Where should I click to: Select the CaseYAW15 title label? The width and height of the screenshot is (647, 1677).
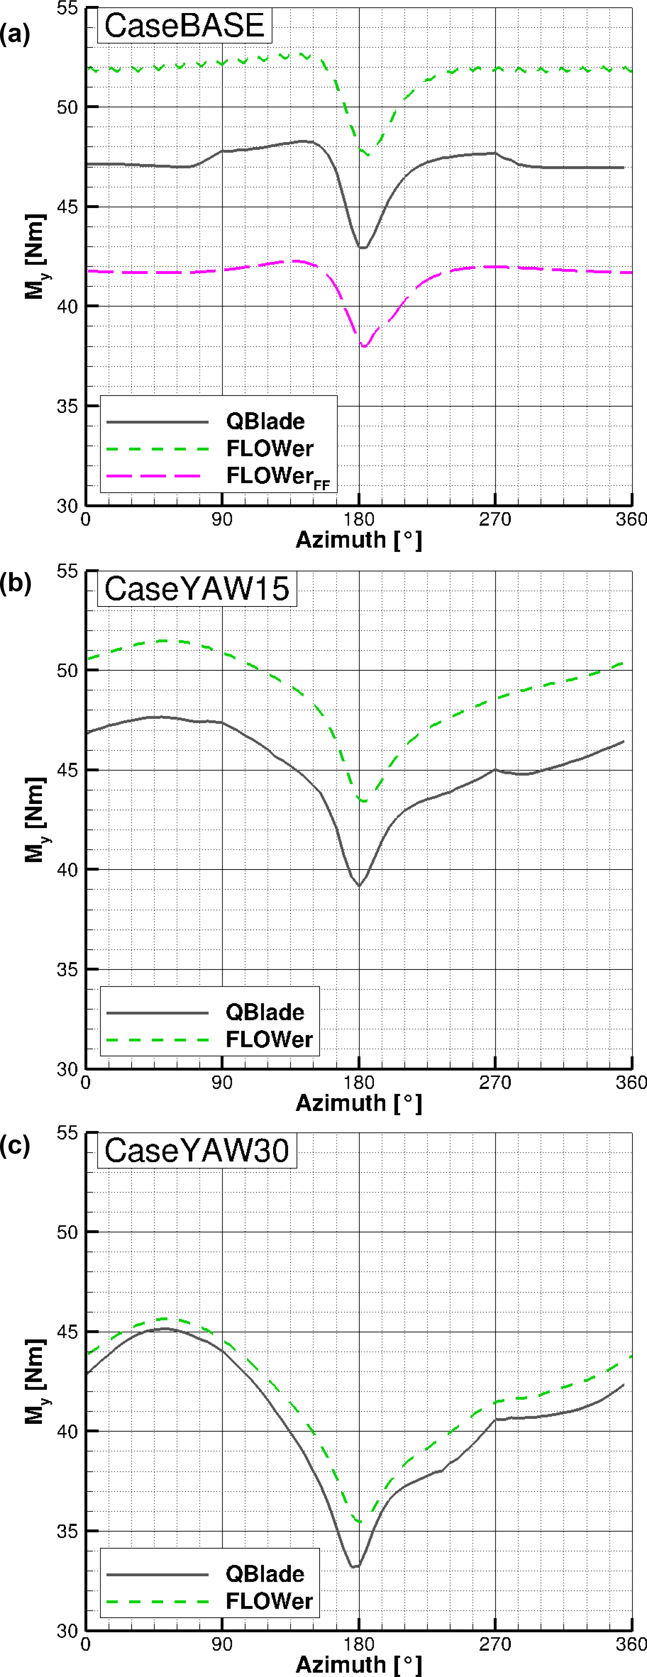197,589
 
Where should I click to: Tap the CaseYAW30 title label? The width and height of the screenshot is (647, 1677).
197,1150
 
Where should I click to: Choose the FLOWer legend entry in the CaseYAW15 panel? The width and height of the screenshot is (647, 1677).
269,1039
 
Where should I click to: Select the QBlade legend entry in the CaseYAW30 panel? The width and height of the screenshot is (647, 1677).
265,1574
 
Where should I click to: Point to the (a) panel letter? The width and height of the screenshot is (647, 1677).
14,34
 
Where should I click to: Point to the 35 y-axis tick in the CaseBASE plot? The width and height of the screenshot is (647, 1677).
67,406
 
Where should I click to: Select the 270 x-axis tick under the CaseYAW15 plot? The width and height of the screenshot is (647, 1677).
495,1083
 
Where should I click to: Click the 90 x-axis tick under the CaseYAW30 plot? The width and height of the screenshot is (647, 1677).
222,1645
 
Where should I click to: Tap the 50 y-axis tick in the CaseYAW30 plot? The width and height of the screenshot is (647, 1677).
67,1232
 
